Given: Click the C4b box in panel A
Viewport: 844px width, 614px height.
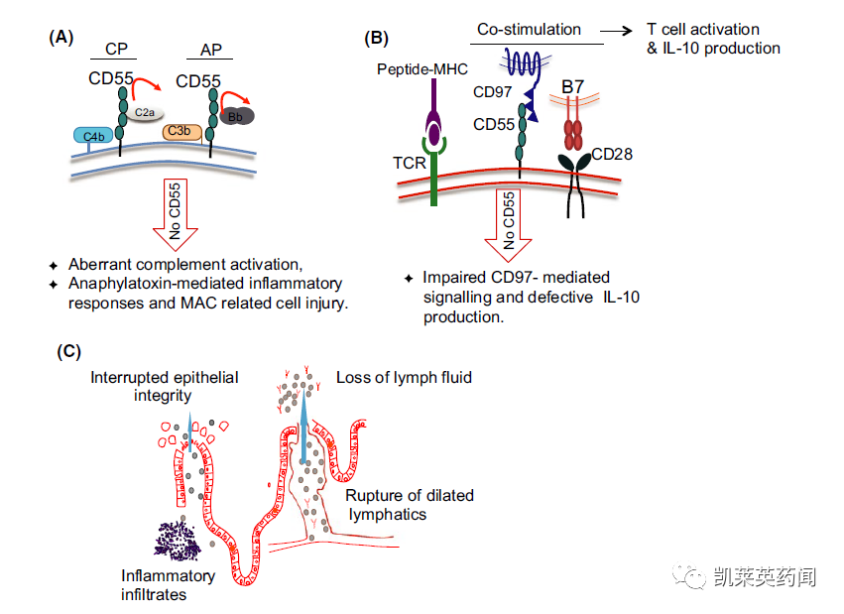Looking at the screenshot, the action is tap(93, 136).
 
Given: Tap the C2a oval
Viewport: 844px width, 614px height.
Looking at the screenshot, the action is tap(145, 112).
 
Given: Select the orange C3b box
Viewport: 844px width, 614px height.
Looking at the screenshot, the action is tap(181, 132).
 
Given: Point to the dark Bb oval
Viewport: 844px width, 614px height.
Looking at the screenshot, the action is tap(236, 116).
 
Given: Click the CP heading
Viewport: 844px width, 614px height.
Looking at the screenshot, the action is tap(116, 49).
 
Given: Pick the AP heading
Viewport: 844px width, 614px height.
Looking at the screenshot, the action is tap(211, 50).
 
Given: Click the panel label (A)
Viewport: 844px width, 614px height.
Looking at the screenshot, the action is tap(60, 37).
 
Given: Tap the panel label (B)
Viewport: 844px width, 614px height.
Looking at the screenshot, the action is tap(376, 39).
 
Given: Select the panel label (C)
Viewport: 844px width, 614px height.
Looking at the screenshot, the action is tap(68, 351).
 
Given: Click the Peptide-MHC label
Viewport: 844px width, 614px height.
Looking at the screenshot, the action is tap(422, 69).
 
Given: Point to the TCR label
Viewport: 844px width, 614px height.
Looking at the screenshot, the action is tap(409, 163).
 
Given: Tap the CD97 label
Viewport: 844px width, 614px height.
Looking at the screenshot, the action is tap(493, 92).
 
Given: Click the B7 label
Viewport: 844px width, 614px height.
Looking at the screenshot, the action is tap(572, 86).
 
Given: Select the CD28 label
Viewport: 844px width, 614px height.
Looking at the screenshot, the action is tap(612, 155).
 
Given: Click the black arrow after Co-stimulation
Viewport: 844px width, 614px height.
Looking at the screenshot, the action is tap(616, 31).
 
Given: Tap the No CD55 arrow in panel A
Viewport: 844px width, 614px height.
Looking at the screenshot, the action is tap(176, 214).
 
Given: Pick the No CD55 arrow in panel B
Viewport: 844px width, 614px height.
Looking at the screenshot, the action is tap(509, 225).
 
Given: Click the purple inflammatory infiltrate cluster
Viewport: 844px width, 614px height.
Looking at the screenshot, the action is tap(178, 541).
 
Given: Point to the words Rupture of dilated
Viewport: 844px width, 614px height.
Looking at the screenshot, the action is tap(410, 496).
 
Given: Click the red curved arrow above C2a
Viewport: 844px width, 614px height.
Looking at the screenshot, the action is tap(146, 86).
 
